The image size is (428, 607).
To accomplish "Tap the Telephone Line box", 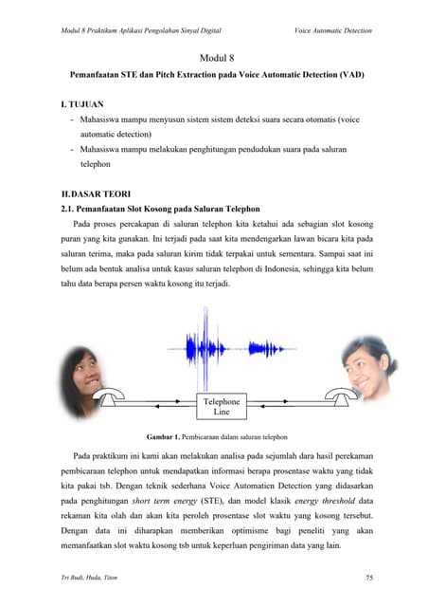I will pos(223,408).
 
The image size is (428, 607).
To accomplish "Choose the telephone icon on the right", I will pos(337,399).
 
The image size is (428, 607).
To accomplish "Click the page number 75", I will pos(368,577).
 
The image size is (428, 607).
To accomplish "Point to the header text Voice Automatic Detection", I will pos(333,30).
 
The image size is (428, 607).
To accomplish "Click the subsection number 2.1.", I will pos(66,209).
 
